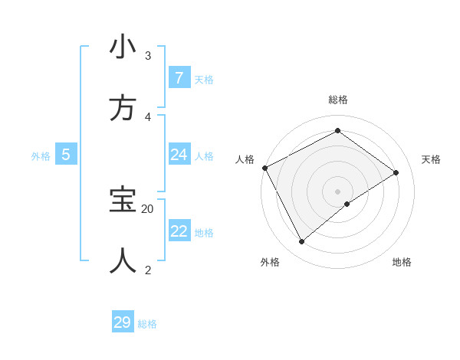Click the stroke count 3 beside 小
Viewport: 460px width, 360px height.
pyautogui.click(x=148, y=56)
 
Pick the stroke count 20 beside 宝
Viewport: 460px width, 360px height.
pyautogui.click(x=148, y=208)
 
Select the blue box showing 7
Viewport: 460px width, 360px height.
pyautogui.click(x=179, y=78)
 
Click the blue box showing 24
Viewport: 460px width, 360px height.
pyautogui.click(x=179, y=155)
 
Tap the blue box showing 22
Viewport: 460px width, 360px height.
pyautogui.click(x=179, y=231)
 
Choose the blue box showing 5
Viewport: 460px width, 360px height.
pyautogui.click(x=66, y=155)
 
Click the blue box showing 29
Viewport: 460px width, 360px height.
pyautogui.click(x=123, y=322)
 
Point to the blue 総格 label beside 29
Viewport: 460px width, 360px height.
pyautogui.click(x=147, y=324)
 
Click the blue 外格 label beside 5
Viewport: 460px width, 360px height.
pyautogui.click(x=41, y=156)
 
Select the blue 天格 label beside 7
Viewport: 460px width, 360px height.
pyautogui.click(x=203, y=80)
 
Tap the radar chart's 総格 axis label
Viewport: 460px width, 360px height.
pyautogui.click(x=337, y=100)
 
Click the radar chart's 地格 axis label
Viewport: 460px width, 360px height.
pyautogui.click(x=402, y=262)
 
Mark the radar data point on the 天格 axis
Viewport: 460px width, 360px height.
pyautogui.click(x=396, y=172)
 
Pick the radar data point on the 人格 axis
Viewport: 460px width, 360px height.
pyautogui.click(x=264, y=168)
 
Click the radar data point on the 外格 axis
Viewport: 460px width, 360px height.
pyautogui.click(x=301, y=241)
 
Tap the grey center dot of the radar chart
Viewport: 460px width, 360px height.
pyautogui.click(x=337, y=191)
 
